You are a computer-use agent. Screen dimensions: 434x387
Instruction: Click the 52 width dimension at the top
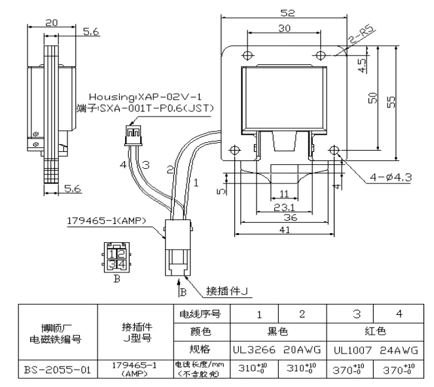(x=287, y=13)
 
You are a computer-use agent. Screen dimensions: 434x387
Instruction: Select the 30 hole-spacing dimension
(x=284, y=28)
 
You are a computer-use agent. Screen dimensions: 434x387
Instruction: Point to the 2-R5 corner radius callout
(x=361, y=34)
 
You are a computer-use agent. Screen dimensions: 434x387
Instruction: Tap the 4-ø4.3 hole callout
(x=391, y=177)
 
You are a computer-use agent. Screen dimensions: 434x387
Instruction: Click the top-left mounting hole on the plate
(x=248, y=55)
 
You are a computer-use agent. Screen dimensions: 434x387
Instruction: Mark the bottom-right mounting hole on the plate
(x=334, y=150)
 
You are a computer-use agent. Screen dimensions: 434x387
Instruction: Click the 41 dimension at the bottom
(x=285, y=229)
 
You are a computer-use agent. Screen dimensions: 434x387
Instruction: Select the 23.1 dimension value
(x=284, y=207)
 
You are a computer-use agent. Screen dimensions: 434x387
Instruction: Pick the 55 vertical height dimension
(x=391, y=102)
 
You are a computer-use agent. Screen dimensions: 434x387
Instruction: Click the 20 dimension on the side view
(x=52, y=23)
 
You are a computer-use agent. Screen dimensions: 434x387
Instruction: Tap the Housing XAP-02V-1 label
(x=145, y=97)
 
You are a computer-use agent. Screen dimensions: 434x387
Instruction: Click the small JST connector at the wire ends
(x=134, y=135)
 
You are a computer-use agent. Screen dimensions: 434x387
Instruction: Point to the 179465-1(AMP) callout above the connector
(x=106, y=221)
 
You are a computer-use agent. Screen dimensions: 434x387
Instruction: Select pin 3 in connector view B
(x=112, y=265)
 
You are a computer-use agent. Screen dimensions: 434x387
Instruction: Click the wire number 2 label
(x=170, y=170)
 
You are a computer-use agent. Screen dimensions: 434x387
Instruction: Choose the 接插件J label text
(x=226, y=291)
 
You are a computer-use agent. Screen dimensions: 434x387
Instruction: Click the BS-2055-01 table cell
(x=58, y=369)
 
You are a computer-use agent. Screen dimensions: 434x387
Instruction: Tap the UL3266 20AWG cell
(x=277, y=350)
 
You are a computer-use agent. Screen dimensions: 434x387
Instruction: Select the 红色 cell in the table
(x=375, y=331)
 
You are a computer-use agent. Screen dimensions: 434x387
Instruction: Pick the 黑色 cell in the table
(x=278, y=331)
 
